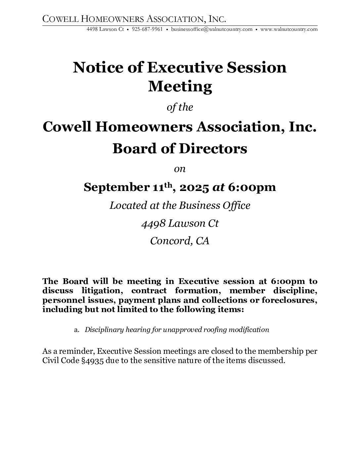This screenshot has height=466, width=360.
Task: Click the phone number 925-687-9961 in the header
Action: (147, 29)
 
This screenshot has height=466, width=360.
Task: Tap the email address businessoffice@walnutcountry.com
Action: (212, 29)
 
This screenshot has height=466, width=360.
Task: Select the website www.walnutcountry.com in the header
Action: (289, 29)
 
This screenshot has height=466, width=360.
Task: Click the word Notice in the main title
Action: (91, 68)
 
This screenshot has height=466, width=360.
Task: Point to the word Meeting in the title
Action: (180, 86)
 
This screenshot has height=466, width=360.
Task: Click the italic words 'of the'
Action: (180, 108)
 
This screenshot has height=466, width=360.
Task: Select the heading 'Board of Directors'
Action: (180, 149)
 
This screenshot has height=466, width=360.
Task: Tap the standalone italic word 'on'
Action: (180, 169)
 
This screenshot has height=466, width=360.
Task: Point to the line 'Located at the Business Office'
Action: (180, 206)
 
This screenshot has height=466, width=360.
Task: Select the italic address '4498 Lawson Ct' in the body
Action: (180, 223)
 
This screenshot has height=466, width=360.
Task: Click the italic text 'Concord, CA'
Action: (180, 241)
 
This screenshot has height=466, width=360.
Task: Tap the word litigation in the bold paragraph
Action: (101, 291)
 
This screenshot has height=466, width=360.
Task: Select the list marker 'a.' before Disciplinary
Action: (77, 330)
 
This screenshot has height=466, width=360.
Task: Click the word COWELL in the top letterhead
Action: (59, 19)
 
